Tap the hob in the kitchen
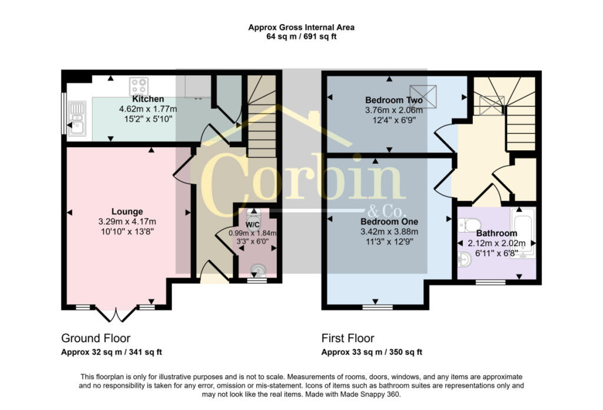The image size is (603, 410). (x=139, y=86)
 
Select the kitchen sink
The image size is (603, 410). (x=77, y=119)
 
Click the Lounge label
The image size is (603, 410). (x=127, y=211)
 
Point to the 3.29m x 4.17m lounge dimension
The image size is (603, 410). (x=127, y=221)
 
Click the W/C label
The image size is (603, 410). (x=252, y=224)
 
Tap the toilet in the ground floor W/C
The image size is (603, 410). (x=253, y=216)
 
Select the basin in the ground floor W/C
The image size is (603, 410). (x=257, y=270)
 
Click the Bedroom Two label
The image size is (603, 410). (x=394, y=100)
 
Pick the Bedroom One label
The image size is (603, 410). (x=389, y=222)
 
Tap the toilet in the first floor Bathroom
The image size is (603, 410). (x=469, y=225)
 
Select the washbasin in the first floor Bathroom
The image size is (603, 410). (x=465, y=260)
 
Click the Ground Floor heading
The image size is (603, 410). (x=96, y=338)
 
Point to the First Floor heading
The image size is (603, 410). (x=347, y=338)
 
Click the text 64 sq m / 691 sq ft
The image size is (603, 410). (x=301, y=37)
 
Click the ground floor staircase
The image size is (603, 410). (x=261, y=115)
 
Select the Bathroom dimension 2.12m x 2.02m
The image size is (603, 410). (x=496, y=243)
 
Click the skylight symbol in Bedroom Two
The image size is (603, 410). (x=423, y=96)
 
